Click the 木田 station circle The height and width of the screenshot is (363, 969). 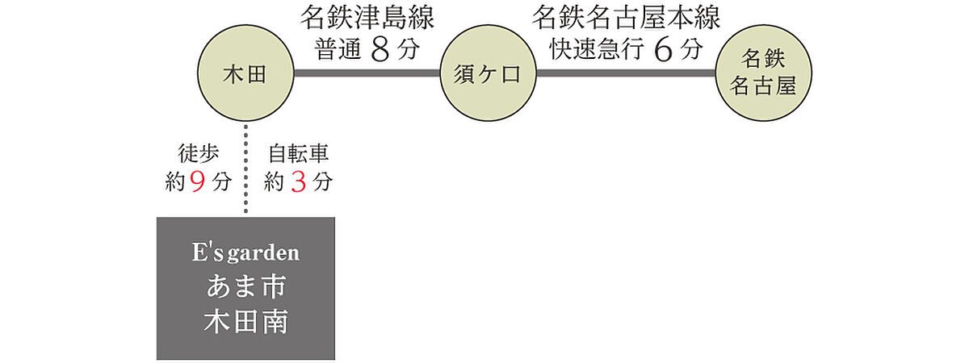coord(245,73)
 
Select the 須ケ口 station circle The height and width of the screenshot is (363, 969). coord(488,73)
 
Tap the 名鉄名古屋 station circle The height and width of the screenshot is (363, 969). coord(764,73)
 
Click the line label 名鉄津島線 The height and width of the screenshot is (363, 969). coord(367,18)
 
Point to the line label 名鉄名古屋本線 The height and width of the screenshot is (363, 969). coord(626,18)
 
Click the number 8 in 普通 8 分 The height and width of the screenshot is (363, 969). coord(380,50)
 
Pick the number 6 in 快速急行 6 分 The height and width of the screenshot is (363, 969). coord(663,50)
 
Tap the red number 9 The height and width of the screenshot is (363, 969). coord(197,181)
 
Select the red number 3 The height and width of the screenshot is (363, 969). coord(299,181)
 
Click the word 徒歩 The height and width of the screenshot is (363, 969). coord(199,153)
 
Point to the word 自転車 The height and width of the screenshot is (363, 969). coord(299,153)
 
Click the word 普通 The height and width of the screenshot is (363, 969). coord(338,49)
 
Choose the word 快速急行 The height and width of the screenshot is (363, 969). coord(597,49)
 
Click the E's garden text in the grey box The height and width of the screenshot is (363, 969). coord(245,252)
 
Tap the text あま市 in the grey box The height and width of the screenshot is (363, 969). coord(245,286)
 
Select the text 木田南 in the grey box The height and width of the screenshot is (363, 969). coord(245,322)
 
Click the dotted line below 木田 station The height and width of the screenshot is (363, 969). coord(245,169)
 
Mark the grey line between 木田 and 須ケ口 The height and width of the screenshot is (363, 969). coord(367,73)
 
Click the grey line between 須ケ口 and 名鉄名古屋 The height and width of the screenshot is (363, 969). coord(626,73)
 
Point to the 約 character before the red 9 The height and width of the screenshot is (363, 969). coord(176,182)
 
